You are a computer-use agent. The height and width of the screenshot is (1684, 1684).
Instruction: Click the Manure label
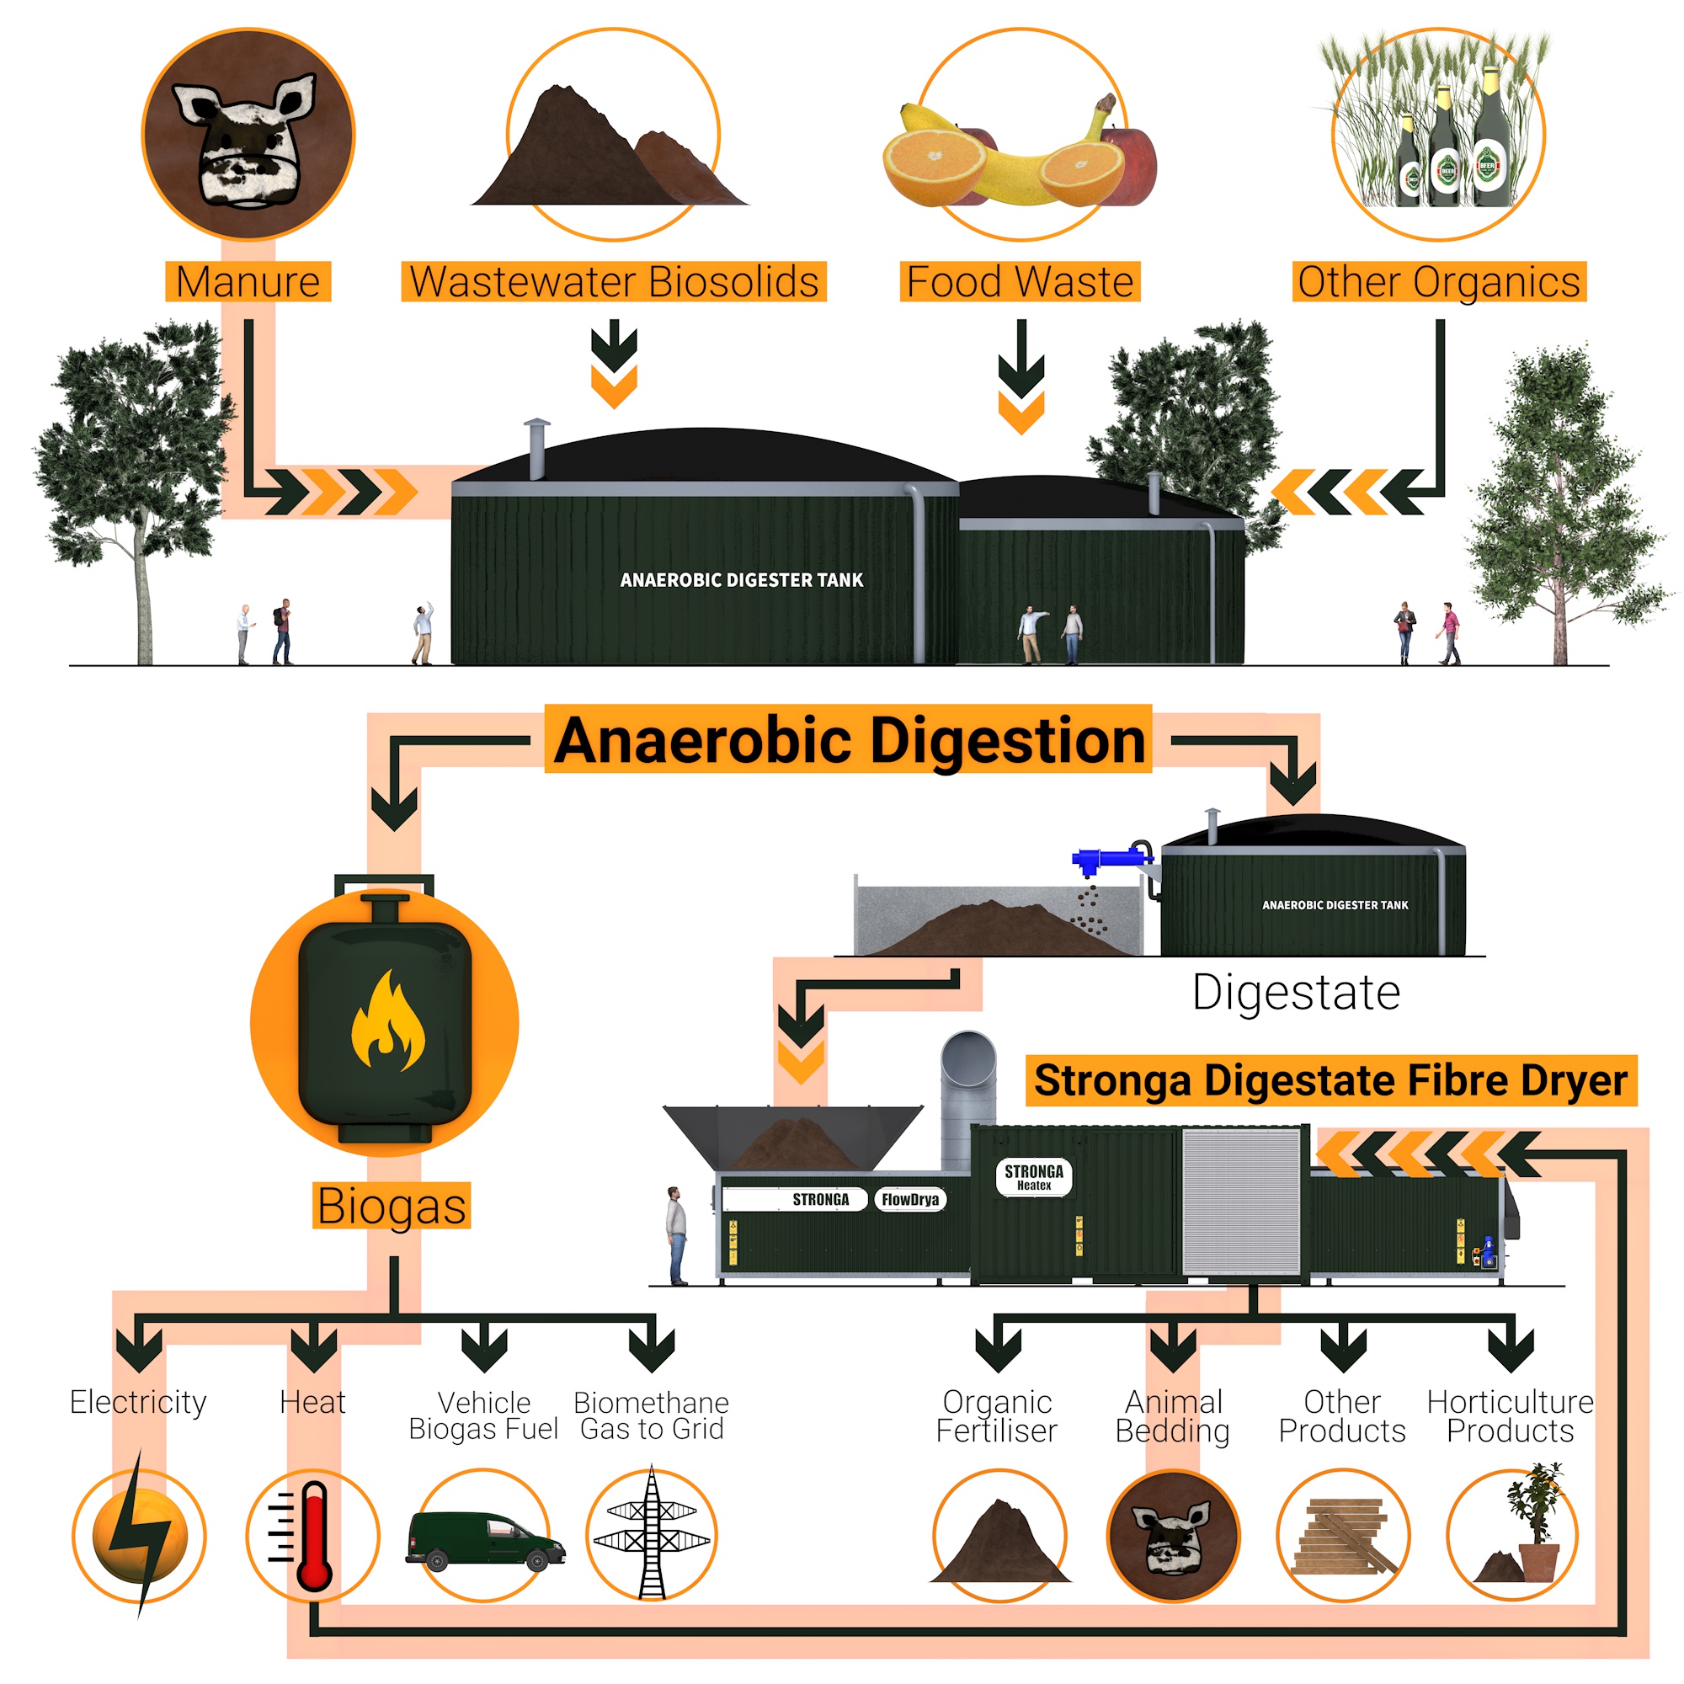(x=248, y=281)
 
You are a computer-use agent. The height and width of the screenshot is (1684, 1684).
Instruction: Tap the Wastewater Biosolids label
(x=614, y=281)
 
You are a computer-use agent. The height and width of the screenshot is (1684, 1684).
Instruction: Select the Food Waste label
(x=1020, y=281)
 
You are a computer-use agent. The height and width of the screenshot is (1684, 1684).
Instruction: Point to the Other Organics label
(x=1439, y=281)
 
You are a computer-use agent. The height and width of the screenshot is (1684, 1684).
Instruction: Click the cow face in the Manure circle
(x=245, y=141)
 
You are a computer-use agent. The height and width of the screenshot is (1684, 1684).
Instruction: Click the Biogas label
(x=392, y=1206)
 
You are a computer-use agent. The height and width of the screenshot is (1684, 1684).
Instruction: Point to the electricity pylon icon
(x=652, y=1534)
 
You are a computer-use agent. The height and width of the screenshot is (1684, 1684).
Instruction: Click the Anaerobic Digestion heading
(x=849, y=739)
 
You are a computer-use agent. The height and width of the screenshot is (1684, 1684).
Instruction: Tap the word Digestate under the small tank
(x=1296, y=992)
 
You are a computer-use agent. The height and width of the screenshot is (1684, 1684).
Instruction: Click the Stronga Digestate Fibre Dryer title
(x=1331, y=1080)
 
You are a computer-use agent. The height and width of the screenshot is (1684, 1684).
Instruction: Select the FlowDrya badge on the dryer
(x=910, y=1199)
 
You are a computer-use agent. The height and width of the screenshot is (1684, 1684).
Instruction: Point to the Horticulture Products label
(x=1511, y=1416)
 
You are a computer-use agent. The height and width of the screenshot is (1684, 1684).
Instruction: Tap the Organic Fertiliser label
(x=997, y=1416)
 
